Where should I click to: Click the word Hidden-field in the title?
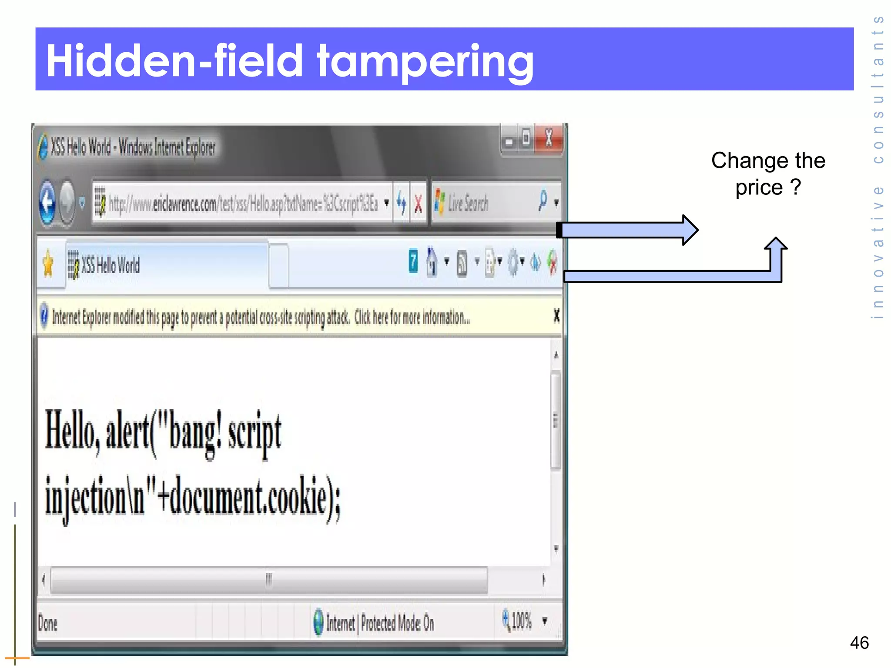coord(174,61)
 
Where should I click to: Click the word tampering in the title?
coord(425,61)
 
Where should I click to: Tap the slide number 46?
coord(859,643)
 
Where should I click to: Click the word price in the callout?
coord(759,188)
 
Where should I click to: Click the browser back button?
coord(47,203)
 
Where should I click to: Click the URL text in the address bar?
coord(244,204)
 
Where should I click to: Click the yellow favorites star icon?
coord(48,264)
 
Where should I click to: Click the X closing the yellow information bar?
coord(556,315)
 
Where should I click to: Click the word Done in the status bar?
coord(48,623)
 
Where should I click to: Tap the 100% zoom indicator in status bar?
coord(521,621)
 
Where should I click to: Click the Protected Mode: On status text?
coord(397,623)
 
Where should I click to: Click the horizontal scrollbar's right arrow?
coord(543,580)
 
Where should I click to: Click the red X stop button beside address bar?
coord(418,204)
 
